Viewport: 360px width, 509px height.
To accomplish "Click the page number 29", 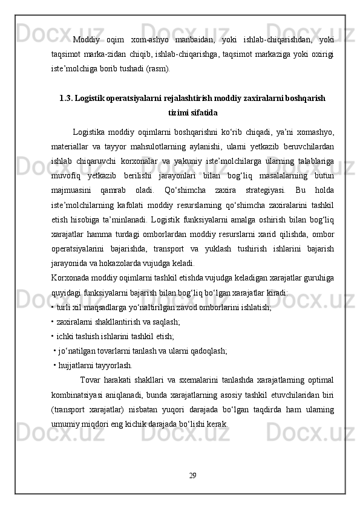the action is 192,474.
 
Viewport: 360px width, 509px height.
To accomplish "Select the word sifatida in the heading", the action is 203,112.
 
